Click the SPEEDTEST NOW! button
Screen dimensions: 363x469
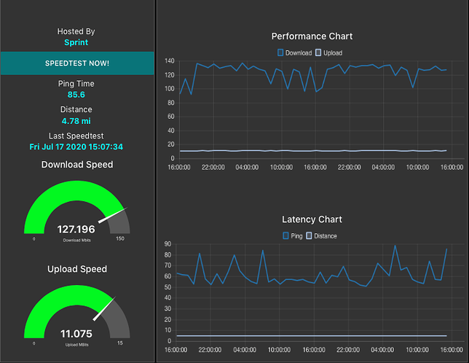[x=76, y=63]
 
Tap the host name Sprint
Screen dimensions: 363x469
[x=76, y=42]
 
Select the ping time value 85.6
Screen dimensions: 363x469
[x=76, y=95]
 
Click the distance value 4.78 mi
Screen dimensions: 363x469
[x=76, y=121]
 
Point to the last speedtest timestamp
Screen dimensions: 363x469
[x=76, y=147]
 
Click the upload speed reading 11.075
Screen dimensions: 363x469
[x=76, y=334]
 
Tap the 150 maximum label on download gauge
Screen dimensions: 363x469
[x=119, y=238]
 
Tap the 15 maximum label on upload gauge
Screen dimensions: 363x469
[x=119, y=343]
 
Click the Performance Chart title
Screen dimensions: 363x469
[x=312, y=36]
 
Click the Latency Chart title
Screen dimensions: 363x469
[x=312, y=219]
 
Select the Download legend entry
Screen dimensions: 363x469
[x=295, y=52]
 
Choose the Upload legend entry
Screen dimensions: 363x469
[x=328, y=52]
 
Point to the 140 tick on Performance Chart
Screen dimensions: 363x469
[x=169, y=60]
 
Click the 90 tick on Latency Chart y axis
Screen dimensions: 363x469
[x=167, y=244]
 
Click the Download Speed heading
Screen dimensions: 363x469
[x=76, y=165]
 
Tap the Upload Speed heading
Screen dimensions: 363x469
[x=76, y=269]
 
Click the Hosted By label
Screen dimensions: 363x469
[x=76, y=31]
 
